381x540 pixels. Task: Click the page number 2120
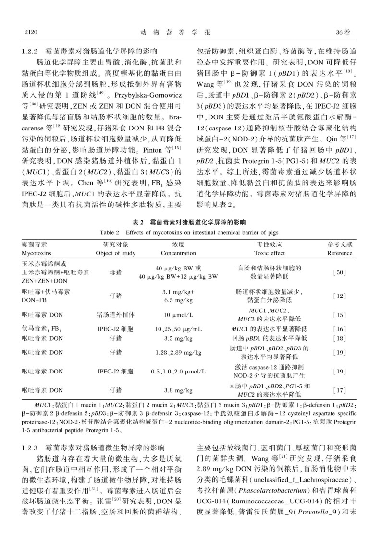[30, 32]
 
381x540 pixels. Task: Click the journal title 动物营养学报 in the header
[190, 32]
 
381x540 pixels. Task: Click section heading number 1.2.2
[33, 50]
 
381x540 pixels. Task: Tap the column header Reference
[340, 253]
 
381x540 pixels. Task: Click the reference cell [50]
[340, 272]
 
